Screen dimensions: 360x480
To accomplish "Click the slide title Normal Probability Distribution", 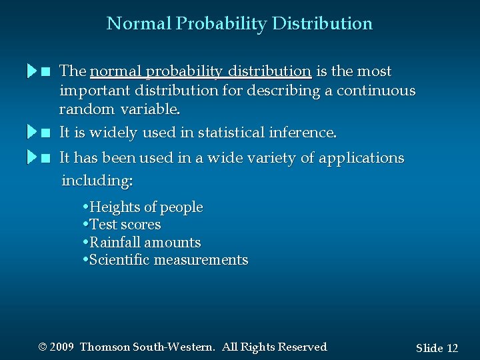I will (x=239, y=23).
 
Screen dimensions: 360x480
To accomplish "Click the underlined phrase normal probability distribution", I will (x=200, y=71).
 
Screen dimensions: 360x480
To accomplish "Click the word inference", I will (x=303, y=133).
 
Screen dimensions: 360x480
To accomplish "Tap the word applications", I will (x=361, y=158).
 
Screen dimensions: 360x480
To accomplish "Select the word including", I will (x=97, y=180).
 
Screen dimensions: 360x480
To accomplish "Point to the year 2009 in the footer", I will (x=61, y=347).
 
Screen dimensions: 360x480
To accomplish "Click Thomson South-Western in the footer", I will (x=147, y=347).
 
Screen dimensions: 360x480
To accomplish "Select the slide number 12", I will (x=452, y=348).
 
